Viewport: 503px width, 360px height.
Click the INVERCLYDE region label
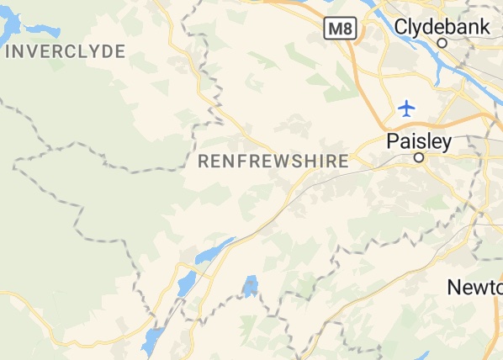point(65,51)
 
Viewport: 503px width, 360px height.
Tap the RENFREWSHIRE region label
point(273,161)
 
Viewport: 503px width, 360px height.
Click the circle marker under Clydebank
point(442,42)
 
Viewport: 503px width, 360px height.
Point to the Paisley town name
point(419,141)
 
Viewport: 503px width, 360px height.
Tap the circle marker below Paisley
point(418,157)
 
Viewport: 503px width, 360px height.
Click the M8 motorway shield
point(339,29)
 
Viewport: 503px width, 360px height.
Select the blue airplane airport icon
point(407,108)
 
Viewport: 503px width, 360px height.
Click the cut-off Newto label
point(474,287)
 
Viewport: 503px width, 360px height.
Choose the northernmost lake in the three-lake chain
point(214,250)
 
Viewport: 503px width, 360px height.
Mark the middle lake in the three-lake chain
point(187,283)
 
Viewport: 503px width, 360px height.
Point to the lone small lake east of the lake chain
point(250,286)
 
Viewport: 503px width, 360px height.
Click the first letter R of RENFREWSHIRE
point(203,161)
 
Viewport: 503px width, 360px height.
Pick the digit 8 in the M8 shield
point(346,29)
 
